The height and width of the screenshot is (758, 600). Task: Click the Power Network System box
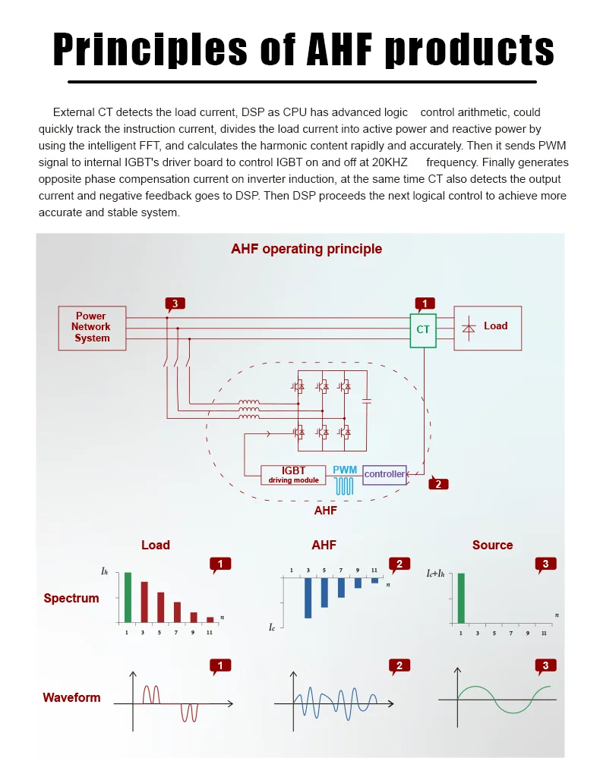pyautogui.click(x=92, y=328)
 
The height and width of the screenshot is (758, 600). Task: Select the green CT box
pyautogui.click(x=423, y=330)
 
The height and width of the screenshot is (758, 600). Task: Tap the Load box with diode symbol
pyautogui.click(x=488, y=328)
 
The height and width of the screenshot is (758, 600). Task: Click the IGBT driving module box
pyautogui.click(x=293, y=475)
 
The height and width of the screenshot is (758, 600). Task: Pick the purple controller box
pyautogui.click(x=384, y=475)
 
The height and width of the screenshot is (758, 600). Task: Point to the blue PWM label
pyautogui.click(x=345, y=470)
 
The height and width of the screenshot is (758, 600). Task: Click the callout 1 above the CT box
pyautogui.click(x=425, y=304)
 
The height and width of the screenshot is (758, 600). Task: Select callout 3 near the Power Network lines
pyautogui.click(x=175, y=304)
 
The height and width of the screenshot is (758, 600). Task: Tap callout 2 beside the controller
pyautogui.click(x=438, y=484)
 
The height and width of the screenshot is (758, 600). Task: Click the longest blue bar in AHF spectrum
pyautogui.click(x=308, y=598)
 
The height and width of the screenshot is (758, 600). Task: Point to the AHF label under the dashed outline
pyautogui.click(x=325, y=511)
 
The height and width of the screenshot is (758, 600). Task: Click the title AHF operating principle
pyautogui.click(x=306, y=249)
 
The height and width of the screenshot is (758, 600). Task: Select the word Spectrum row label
pyautogui.click(x=71, y=598)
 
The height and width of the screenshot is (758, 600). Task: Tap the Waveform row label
pyautogui.click(x=71, y=697)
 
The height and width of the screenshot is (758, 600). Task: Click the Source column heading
pyautogui.click(x=492, y=545)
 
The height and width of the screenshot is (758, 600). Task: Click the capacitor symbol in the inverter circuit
pyautogui.click(x=367, y=400)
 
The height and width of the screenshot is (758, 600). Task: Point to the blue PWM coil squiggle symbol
pyautogui.click(x=346, y=486)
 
